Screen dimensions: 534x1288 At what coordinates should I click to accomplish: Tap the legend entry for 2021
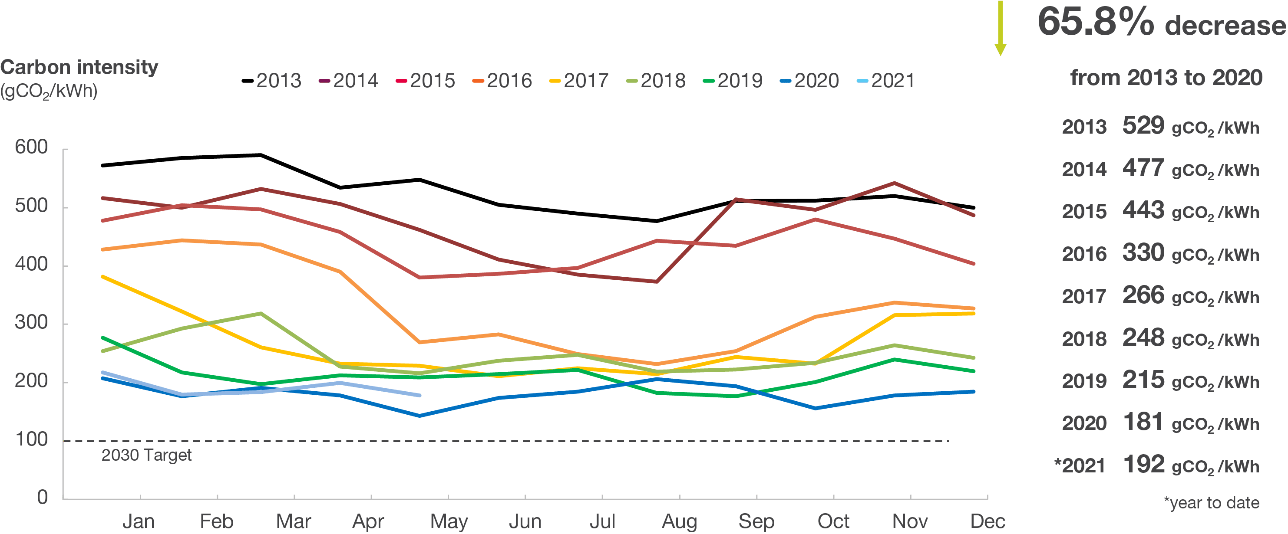(x=886, y=80)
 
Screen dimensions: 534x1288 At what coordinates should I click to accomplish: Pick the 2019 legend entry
(x=733, y=80)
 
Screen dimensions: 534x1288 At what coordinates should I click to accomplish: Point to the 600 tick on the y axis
(x=31, y=148)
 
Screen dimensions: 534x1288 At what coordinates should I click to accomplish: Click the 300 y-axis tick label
(x=31, y=323)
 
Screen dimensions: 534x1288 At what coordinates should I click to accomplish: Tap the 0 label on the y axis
(x=43, y=498)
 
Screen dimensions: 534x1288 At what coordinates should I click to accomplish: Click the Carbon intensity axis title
(x=79, y=67)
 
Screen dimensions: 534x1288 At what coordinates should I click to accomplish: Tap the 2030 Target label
(x=146, y=455)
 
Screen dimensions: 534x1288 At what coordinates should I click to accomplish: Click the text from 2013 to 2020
(x=1166, y=78)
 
